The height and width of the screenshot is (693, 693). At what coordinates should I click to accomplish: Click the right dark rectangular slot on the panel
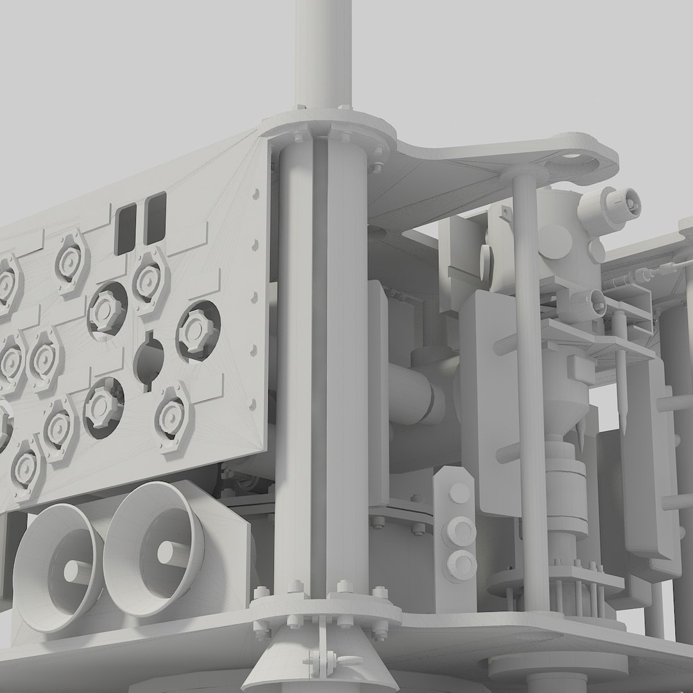(155, 218)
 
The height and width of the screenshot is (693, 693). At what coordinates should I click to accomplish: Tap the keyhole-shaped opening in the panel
(148, 360)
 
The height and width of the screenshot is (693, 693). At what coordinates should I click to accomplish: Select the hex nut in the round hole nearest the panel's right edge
(197, 329)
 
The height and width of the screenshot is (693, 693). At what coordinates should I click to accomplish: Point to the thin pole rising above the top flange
(324, 51)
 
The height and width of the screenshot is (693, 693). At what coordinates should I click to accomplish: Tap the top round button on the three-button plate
(459, 493)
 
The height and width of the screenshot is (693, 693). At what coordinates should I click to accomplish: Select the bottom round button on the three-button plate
(460, 562)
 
